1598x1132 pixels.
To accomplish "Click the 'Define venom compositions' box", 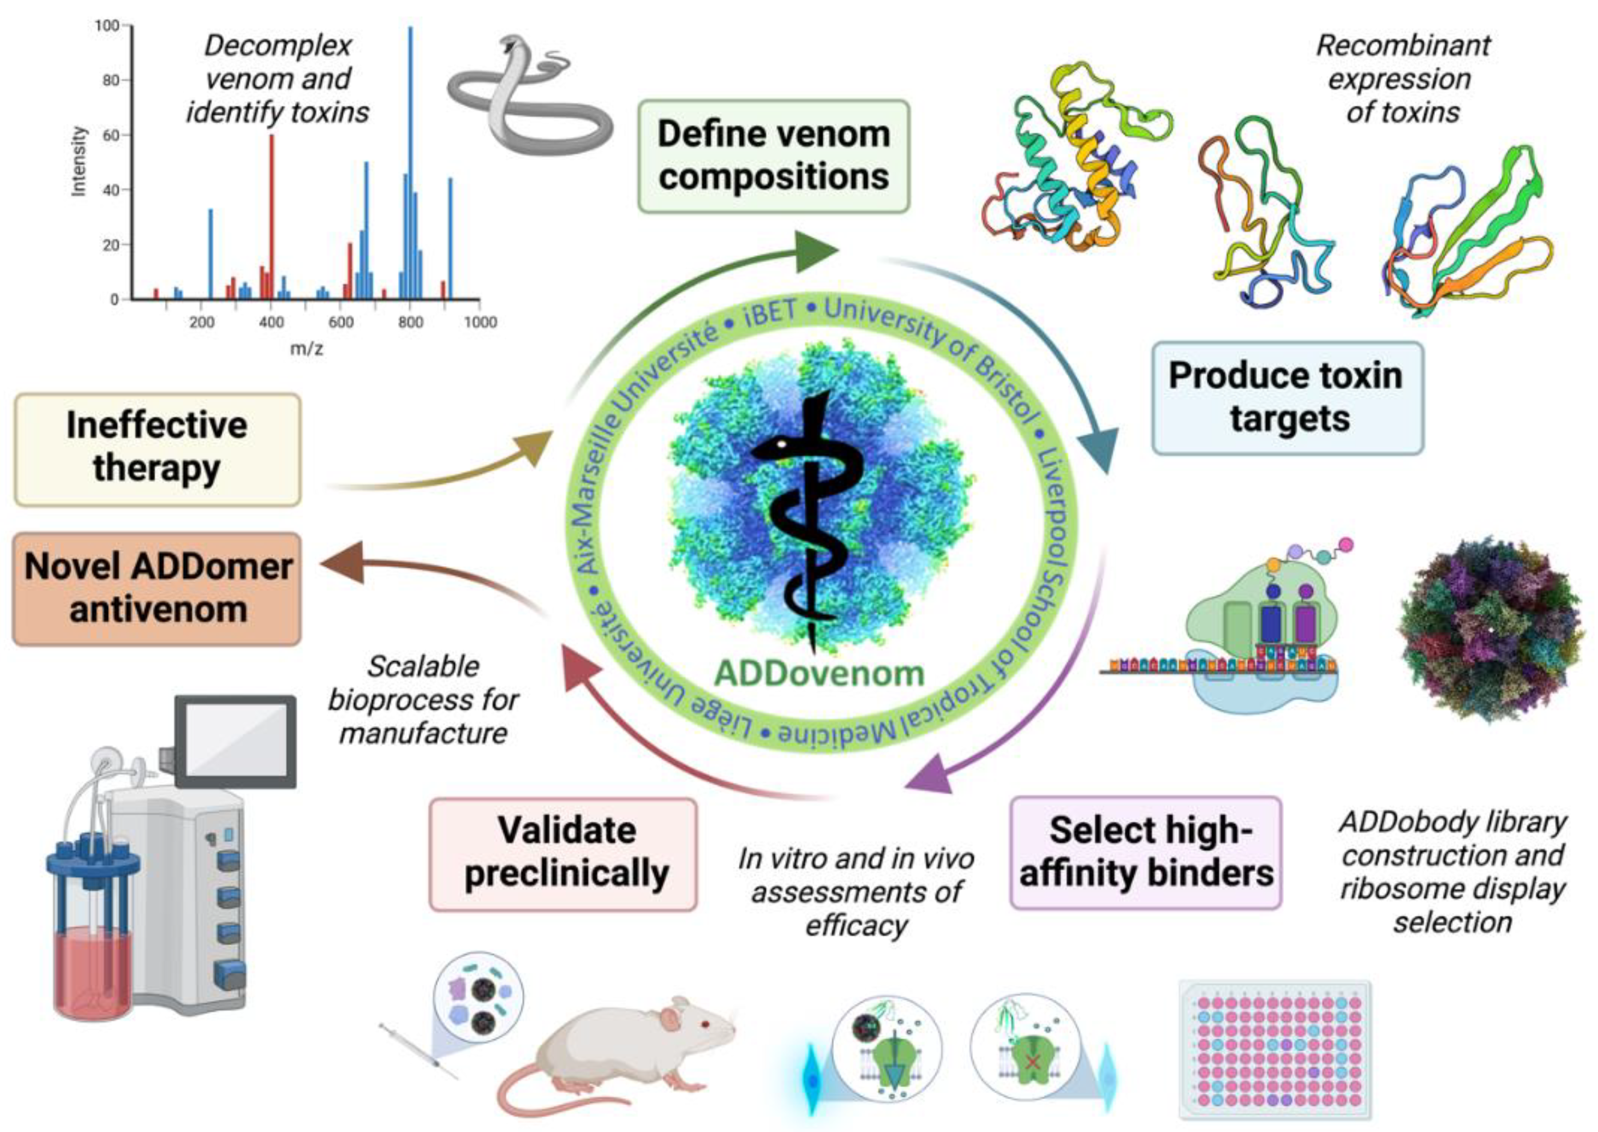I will pos(774,155).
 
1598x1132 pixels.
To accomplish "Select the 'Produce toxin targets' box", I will pos(1287,398).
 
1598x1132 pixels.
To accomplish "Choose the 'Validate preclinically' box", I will pos(563,854).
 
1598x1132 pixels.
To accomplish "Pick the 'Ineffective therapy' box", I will pos(158,448).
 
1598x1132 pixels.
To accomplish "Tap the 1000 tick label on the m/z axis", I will pos(479,322).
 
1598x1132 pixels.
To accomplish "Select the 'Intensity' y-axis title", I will pos(79,161).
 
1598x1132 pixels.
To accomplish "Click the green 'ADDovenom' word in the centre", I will pos(819,673).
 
